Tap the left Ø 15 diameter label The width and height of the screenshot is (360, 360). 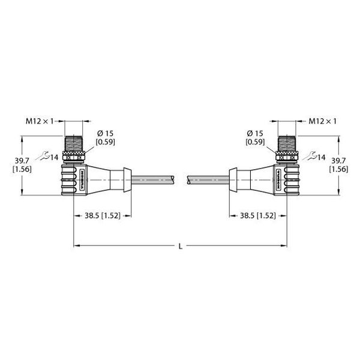coord(104,133)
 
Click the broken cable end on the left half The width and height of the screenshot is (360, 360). coord(174,178)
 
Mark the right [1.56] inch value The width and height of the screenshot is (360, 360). coord(338,169)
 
